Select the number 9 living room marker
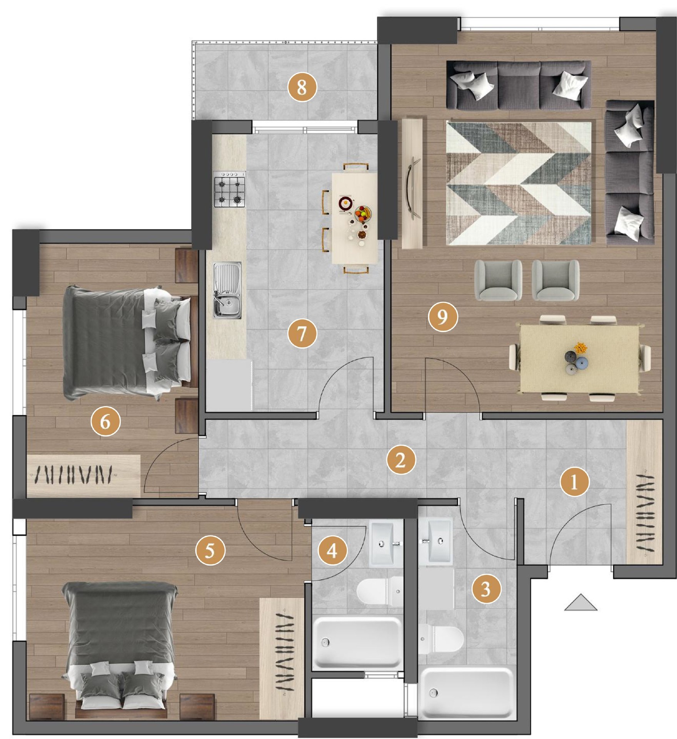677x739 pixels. point(443,317)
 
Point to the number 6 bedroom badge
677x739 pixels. point(105,421)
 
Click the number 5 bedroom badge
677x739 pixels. point(210,551)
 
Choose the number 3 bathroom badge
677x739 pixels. point(486,589)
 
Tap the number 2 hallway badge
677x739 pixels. point(401,460)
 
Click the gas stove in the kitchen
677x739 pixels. point(230,190)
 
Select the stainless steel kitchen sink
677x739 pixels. point(227,290)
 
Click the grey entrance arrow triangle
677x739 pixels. point(581,602)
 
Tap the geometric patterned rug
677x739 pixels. point(519,183)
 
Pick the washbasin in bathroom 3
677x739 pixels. point(436,542)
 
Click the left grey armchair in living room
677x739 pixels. point(499,280)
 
